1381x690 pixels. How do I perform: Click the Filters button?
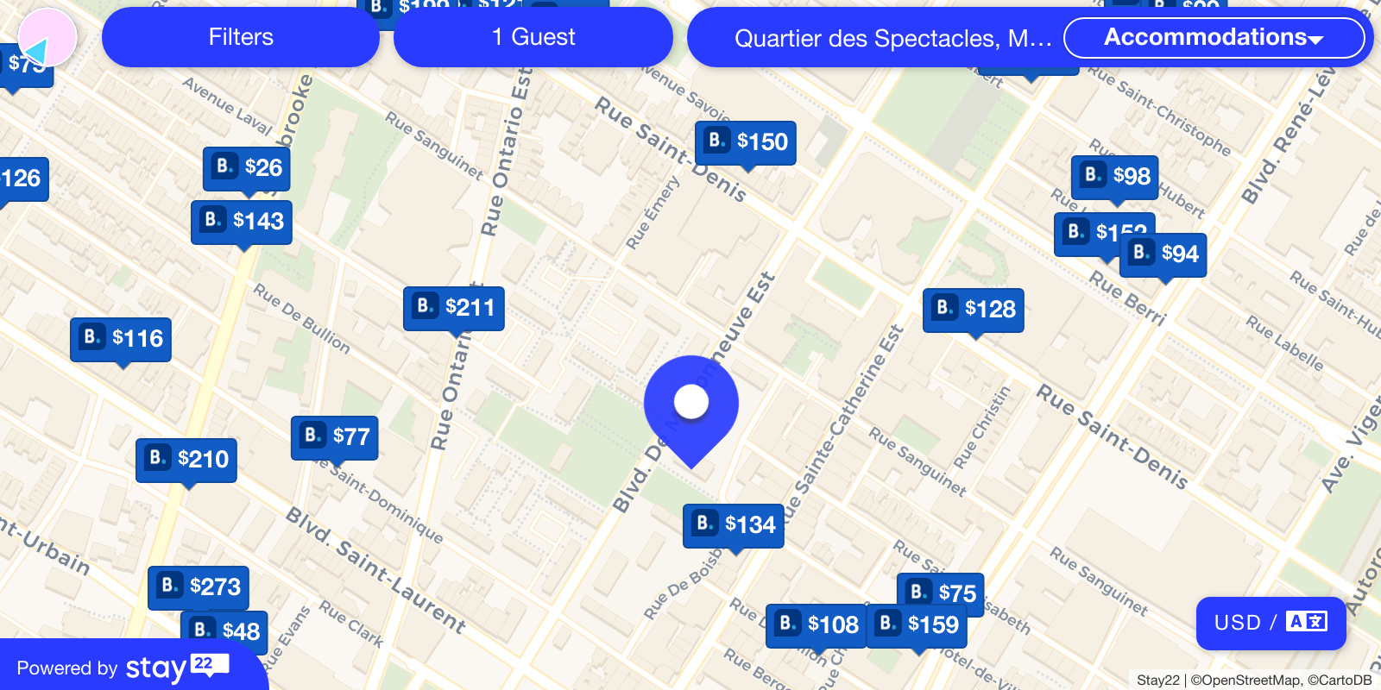pyautogui.click(x=241, y=37)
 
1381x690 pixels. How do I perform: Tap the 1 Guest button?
pyautogui.click(x=533, y=37)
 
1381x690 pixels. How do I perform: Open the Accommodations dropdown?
pyautogui.click(x=1214, y=37)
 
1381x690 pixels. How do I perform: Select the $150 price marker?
pyautogui.click(x=746, y=142)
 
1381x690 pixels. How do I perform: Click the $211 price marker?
pyautogui.click(x=454, y=308)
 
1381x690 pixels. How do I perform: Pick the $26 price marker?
pyautogui.click(x=247, y=167)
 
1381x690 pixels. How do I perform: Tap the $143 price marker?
pyautogui.click(x=242, y=222)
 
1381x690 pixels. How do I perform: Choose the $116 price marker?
pyautogui.click(x=121, y=339)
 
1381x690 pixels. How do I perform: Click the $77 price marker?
pyautogui.click(x=335, y=437)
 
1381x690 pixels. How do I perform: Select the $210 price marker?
pyautogui.click(x=186, y=460)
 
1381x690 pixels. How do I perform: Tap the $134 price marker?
pyautogui.click(x=734, y=525)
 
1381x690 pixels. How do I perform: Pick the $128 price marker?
pyautogui.click(x=974, y=310)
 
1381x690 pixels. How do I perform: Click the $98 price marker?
pyautogui.click(x=1115, y=177)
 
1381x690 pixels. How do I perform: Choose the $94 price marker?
pyautogui.click(x=1163, y=254)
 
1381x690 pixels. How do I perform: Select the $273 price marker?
pyautogui.click(x=199, y=587)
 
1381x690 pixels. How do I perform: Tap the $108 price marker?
pyautogui.click(x=817, y=625)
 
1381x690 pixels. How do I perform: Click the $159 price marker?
pyautogui.click(x=917, y=625)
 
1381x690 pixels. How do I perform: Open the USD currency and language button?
pyautogui.click(x=1271, y=623)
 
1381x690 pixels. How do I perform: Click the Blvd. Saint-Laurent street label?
pyautogui.click(x=376, y=569)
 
